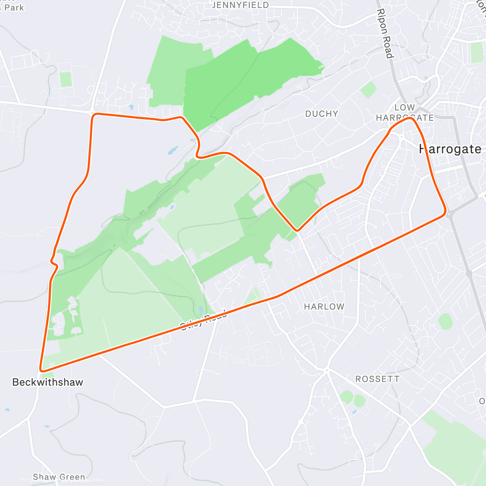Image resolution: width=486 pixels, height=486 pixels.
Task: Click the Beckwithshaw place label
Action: pyautogui.click(x=47, y=382)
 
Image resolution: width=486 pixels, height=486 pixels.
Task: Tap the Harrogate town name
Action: pyautogui.click(x=450, y=149)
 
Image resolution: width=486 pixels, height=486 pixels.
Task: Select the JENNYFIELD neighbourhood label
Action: pyautogui.click(x=240, y=5)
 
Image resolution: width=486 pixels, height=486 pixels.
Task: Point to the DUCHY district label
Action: pyautogui.click(x=322, y=114)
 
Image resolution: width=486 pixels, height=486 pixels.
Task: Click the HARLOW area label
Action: pyautogui.click(x=324, y=307)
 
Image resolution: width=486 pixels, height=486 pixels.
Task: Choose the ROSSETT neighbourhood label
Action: pyautogui.click(x=377, y=379)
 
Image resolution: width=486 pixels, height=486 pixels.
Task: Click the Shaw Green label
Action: pyautogui.click(x=59, y=477)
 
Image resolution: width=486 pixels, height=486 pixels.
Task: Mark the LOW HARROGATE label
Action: pyautogui.click(x=405, y=113)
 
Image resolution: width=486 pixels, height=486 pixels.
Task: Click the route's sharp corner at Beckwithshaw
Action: pyautogui.click(x=41, y=370)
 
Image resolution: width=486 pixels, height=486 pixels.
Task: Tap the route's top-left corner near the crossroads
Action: pyautogui.click(x=94, y=115)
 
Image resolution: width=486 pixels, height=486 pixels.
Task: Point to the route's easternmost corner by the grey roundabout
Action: pyautogui.click(x=445, y=212)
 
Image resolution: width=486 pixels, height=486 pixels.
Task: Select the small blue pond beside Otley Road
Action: pyautogui.click(x=201, y=311)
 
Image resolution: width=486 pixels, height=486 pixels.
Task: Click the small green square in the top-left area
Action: pyautogui.click(x=66, y=79)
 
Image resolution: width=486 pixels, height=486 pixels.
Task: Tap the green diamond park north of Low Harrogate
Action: pyautogui.click(x=368, y=90)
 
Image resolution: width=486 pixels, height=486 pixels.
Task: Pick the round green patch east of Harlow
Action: pyautogui.click(x=445, y=322)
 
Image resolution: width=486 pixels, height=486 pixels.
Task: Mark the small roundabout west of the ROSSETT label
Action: pyautogui.click(x=326, y=370)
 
